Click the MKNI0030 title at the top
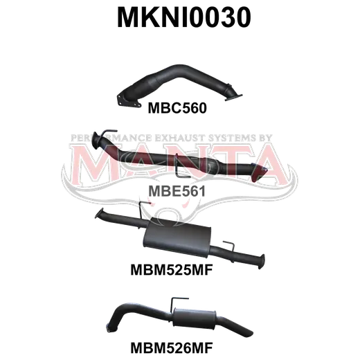tap(184, 17)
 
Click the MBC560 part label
tap(177, 108)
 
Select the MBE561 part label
tap(177, 191)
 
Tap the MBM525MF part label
tap(172, 269)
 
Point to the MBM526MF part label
tap(172, 348)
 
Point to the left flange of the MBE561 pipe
tap(96, 141)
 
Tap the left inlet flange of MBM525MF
tap(99, 213)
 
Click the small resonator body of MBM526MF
tap(195, 318)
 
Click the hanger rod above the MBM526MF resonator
tap(178, 303)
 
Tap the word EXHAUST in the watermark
tap(179, 138)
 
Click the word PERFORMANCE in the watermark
tap(111, 138)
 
